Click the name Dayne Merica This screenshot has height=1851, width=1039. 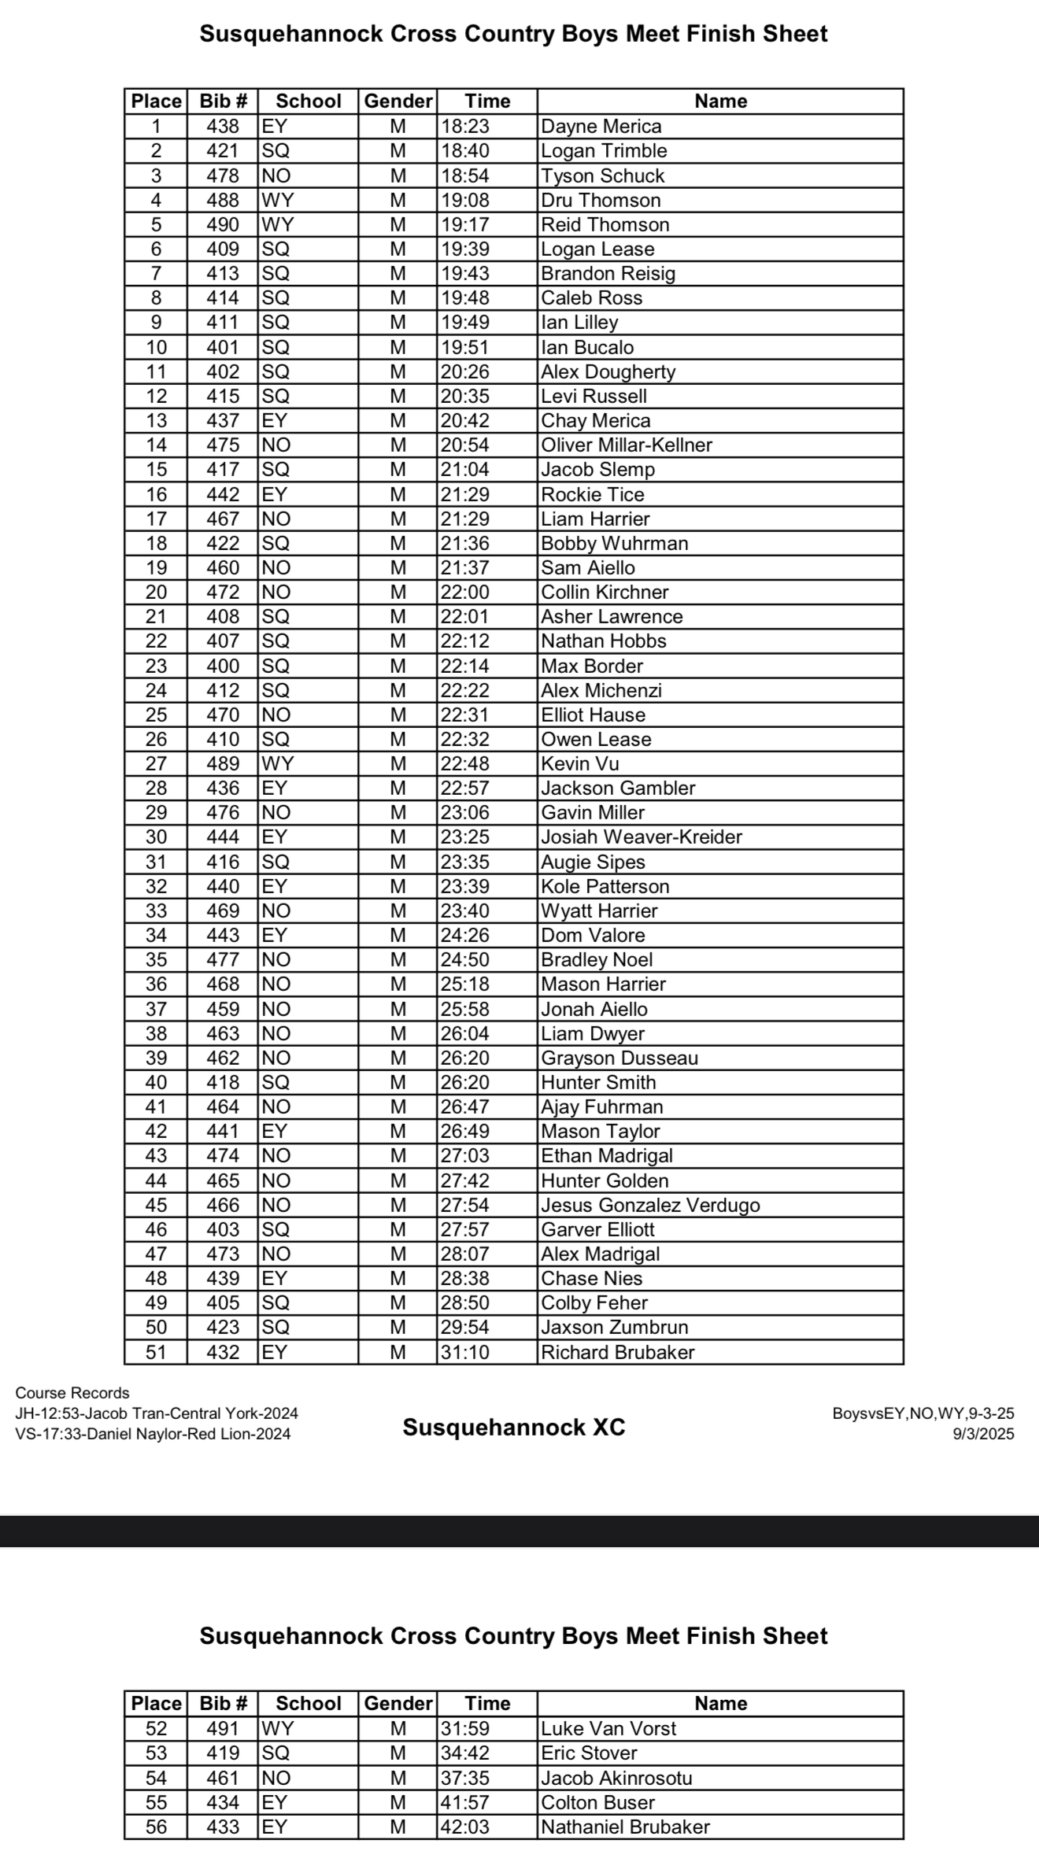(601, 126)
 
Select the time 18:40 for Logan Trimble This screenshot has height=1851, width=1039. (465, 150)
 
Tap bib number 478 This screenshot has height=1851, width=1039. (223, 175)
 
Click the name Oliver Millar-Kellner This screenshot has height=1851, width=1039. (627, 445)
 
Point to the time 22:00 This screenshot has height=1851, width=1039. (465, 592)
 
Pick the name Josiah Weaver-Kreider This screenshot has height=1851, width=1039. (642, 837)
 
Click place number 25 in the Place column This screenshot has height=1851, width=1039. (156, 715)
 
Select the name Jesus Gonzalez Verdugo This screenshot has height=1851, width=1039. (650, 1205)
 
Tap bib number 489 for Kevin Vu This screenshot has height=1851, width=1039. (223, 763)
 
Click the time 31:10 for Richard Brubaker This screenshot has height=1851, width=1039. (465, 1352)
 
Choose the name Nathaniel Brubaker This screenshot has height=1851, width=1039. (626, 1827)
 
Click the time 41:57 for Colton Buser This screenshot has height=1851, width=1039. (465, 1802)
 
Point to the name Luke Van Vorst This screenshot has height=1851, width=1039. (608, 1728)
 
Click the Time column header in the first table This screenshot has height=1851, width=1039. (487, 101)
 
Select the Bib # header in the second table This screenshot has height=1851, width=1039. (223, 1703)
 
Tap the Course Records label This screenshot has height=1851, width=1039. (72, 1393)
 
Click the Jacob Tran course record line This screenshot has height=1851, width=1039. (157, 1413)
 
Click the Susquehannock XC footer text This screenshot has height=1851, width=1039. (514, 1427)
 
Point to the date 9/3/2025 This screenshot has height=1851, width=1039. (983, 1434)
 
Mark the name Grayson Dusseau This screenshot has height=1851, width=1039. (619, 1058)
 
